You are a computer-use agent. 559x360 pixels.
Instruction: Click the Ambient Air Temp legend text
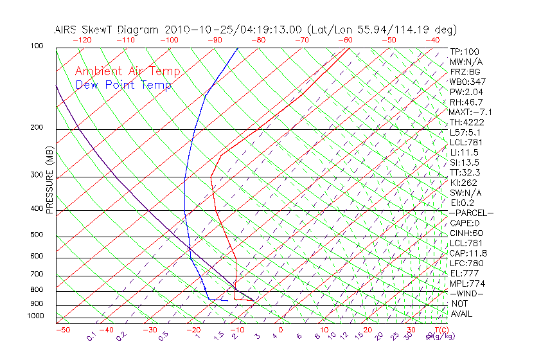pos(128,71)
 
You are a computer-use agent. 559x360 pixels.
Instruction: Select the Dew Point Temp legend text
pos(123,85)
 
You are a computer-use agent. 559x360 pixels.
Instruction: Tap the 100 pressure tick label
pos(37,46)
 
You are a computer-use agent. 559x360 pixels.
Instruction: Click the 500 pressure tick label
pos(37,235)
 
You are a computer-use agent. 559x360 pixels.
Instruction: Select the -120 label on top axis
pos(82,40)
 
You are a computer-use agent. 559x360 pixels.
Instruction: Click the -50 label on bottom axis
pos(62,330)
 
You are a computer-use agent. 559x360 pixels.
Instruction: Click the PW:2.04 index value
pos(466,92)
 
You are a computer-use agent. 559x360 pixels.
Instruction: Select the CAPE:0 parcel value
pos(466,223)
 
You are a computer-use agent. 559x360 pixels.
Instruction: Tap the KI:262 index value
pos(465,183)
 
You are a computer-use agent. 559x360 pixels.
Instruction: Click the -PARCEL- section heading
pos(471,213)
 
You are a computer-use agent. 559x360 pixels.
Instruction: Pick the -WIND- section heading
pos(467,293)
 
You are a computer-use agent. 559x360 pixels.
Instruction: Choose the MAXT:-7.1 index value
pos(471,113)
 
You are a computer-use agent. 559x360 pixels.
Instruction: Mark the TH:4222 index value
pos(466,122)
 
